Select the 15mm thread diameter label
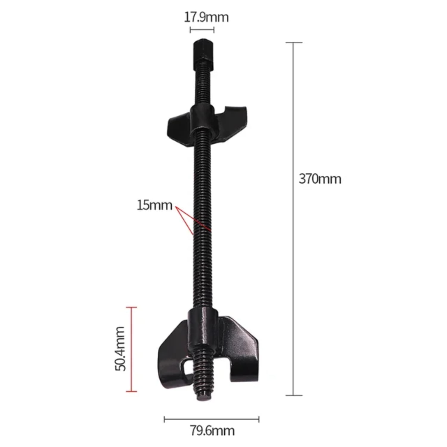[x=154, y=205]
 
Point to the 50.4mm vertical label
[x=120, y=349]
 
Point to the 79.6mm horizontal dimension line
[x=212, y=420]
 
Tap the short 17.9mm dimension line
[x=202, y=30]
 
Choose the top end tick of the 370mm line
[x=294, y=43]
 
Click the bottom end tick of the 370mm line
[x=294, y=395]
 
